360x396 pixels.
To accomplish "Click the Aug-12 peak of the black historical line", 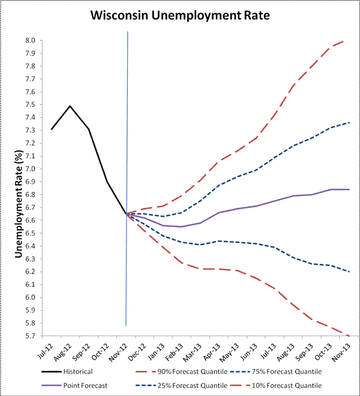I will point(70,106).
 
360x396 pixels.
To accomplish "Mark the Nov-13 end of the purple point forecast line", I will point(349,189).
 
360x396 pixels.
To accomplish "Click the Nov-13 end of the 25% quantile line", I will point(349,271).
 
